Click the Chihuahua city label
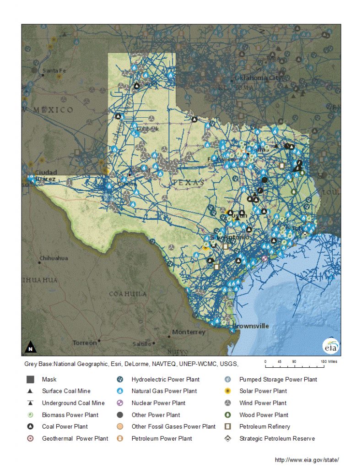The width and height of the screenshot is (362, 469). [x=54, y=258]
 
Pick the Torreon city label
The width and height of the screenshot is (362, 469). [x=85, y=342]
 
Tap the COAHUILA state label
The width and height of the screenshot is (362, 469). [x=128, y=294]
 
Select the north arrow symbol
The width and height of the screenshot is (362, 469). [x=30, y=347]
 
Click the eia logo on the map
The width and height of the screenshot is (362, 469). [x=330, y=346]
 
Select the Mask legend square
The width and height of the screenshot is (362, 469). [x=30, y=379]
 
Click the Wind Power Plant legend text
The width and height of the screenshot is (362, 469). [x=263, y=403]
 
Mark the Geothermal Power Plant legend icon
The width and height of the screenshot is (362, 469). [x=30, y=438]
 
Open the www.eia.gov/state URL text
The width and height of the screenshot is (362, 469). [x=307, y=459]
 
